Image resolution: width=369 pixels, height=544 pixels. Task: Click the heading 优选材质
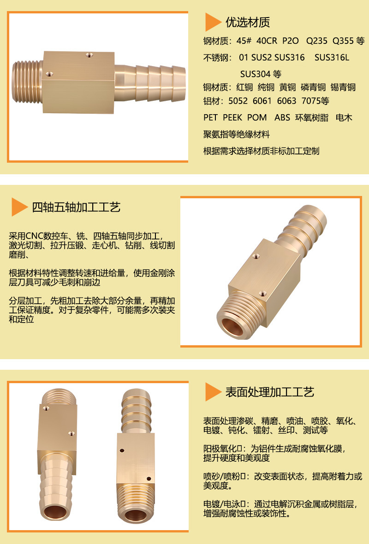point(248,22)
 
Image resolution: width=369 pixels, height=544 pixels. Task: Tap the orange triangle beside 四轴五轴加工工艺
point(19,207)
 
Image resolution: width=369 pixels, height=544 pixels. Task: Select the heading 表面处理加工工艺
point(270,392)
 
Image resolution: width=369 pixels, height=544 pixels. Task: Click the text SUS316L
point(332,58)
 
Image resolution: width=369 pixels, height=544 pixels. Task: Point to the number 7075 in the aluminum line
point(310,101)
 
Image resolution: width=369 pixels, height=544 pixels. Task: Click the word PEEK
point(232,117)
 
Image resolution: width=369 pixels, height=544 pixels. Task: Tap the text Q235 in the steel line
point(316,41)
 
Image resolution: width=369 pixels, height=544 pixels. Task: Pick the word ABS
point(282,117)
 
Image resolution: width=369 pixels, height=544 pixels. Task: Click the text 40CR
point(267,41)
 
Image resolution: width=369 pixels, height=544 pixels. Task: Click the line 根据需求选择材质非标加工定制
point(262,151)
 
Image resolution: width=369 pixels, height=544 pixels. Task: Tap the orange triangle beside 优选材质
point(213,22)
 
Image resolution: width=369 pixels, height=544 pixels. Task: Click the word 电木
point(344,117)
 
